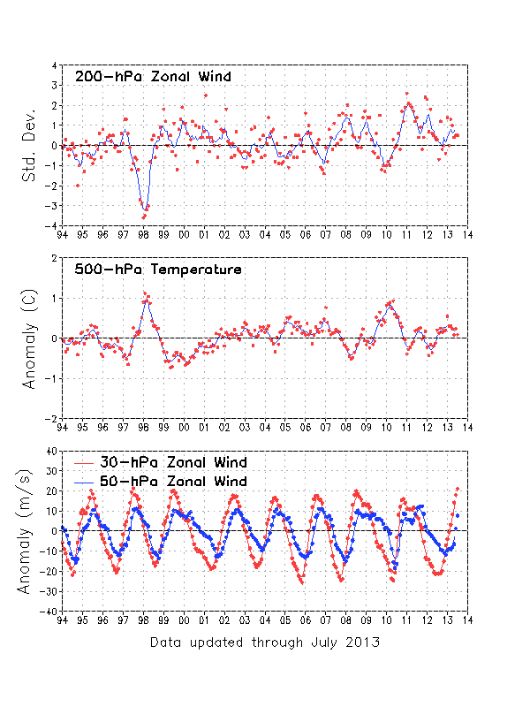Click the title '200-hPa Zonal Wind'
(x=153, y=77)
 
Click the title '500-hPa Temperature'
(x=157, y=270)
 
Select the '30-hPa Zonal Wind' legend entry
(x=174, y=462)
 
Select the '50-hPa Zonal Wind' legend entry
(x=174, y=482)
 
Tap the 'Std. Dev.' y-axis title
(x=30, y=147)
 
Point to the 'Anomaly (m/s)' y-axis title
(x=30, y=530)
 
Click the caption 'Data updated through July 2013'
(x=265, y=642)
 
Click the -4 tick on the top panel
(x=55, y=226)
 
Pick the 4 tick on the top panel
(x=56, y=65)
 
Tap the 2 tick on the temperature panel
(x=56, y=258)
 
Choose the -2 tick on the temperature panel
(x=53, y=418)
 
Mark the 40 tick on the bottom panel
(x=52, y=451)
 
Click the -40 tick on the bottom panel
(x=50, y=611)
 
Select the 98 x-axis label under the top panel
(x=143, y=235)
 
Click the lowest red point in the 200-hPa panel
(x=144, y=217)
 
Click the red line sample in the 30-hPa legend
(x=86, y=462)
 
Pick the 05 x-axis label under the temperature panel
(x=285, y=428)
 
